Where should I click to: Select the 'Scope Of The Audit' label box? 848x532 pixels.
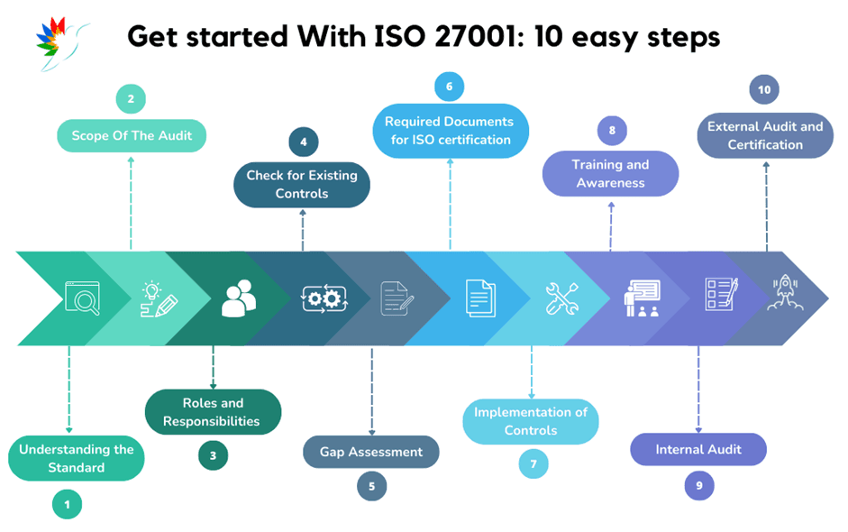[x=131, y=137]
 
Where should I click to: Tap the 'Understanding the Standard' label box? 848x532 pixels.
[x=77, y=459]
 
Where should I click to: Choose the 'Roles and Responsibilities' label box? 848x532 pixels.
[x=214, y=412]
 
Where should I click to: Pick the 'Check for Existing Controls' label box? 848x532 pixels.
[x=302, y=185]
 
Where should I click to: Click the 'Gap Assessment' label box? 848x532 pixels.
[x=371, y=452]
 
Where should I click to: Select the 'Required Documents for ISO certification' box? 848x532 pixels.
[x=450, y=131]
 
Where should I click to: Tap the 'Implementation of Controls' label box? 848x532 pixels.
[x=531, y=421]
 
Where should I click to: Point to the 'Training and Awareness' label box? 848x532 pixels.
[x=610, y=174]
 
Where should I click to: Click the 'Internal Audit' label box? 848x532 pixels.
[x=698, y=449]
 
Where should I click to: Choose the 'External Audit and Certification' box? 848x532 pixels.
[x=765, y=136]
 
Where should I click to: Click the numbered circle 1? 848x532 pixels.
[x=67, y=504]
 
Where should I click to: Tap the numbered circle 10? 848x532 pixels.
[x=764, y=90]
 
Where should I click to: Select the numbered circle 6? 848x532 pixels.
[x=449, y=87]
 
